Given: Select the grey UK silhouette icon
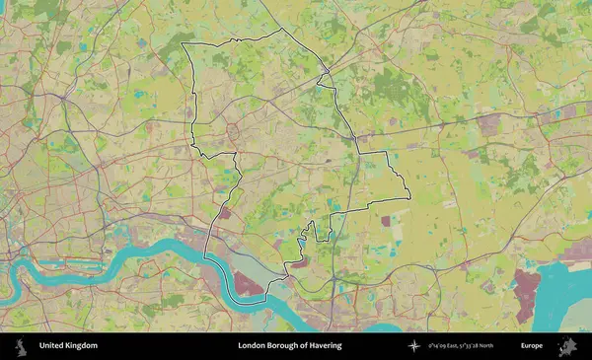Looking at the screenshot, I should [x=20, y=346].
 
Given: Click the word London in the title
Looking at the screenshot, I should [x=252, y=346].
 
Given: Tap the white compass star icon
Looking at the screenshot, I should [x=414, y=346].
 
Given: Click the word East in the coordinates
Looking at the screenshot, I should [x=457, y=346].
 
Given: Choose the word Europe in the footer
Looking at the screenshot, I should [x=532, y=346].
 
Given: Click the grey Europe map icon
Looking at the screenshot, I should [x=566, y=346].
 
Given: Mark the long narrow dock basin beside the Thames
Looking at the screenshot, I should [x=69, y=265].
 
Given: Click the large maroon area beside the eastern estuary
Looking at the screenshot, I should [x=528, y=293].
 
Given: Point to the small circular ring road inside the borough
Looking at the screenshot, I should [x=234, y=129].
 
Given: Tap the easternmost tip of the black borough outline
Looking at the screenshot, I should [x=408, y=196].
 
